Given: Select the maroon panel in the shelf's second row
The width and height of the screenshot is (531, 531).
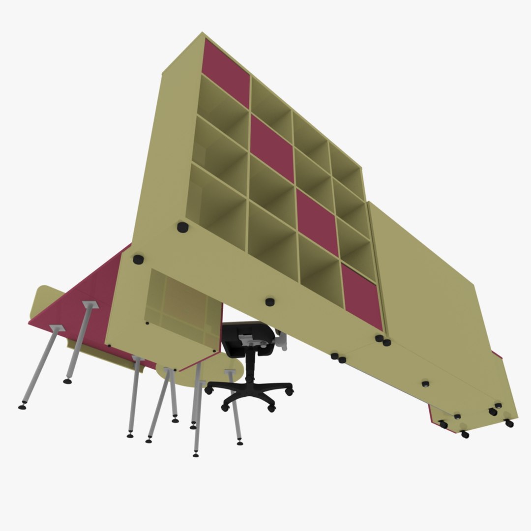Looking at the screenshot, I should click(272, 147).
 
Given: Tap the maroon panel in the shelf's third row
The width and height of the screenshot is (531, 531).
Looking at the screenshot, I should click(317, 222).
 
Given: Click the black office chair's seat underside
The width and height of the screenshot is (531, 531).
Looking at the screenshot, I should click(248, 339).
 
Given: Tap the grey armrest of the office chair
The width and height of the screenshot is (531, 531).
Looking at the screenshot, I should click(282, 340).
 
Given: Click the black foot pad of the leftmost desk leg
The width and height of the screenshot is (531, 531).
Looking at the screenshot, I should click(22, 406).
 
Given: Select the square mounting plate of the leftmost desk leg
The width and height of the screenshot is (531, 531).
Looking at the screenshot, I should click(57, 327).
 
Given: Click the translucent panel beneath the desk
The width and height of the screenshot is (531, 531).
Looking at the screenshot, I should click(182, 310).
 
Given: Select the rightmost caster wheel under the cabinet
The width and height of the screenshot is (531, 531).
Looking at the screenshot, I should click(509, 423).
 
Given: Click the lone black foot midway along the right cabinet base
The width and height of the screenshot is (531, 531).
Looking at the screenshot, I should click(425, 383).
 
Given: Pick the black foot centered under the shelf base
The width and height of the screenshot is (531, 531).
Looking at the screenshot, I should click(269, 302).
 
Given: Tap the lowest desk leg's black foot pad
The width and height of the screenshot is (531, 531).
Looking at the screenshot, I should click(196, 455).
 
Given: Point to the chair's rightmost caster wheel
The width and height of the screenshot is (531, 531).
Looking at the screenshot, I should click(290, 391).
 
